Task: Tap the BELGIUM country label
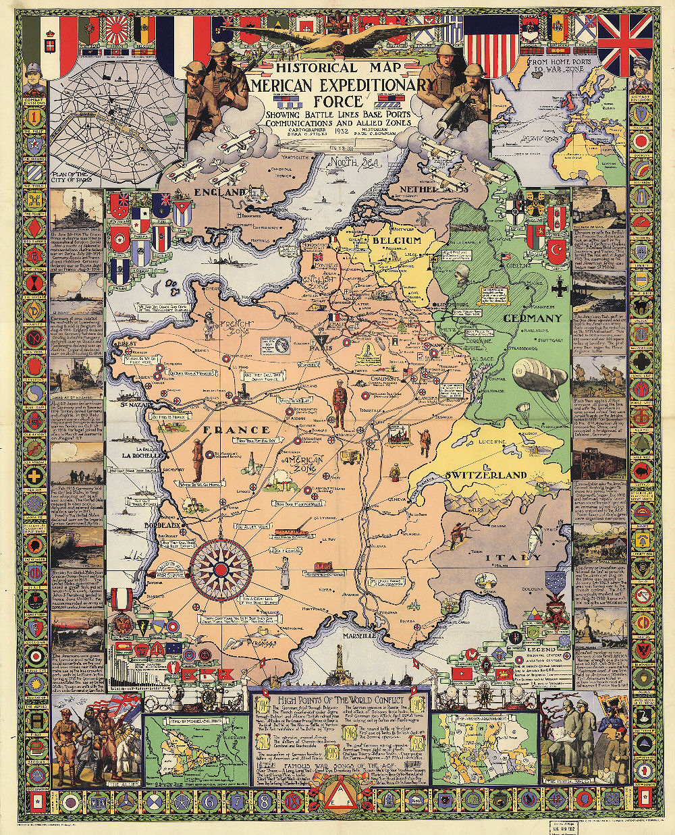397,240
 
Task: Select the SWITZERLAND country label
485,475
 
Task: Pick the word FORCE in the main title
339,101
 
